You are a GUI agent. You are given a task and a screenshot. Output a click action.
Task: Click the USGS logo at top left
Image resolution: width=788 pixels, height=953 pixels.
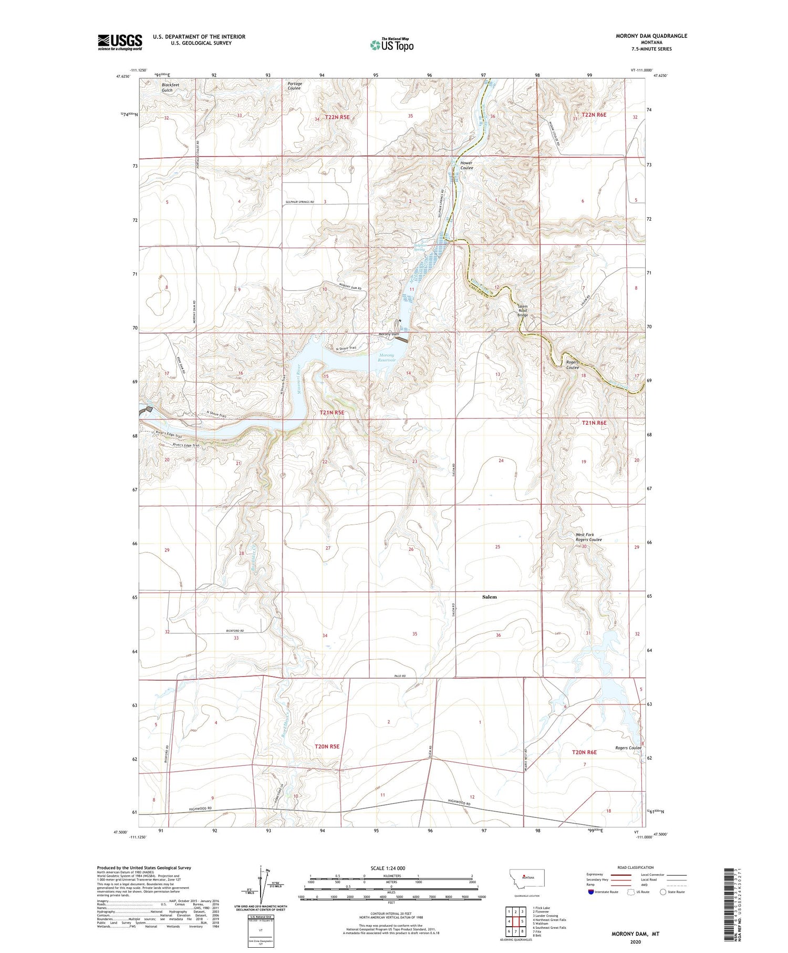120,42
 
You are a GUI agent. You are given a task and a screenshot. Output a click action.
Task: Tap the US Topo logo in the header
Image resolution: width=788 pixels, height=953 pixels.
391,45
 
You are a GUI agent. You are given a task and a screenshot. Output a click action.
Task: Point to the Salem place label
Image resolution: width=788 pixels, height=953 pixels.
489,597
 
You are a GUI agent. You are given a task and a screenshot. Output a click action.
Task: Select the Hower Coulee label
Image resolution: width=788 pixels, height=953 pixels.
466,166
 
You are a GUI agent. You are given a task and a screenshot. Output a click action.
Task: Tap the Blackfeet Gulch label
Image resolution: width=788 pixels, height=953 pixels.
167,87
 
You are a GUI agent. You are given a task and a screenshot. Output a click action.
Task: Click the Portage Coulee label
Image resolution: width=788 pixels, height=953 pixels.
294,86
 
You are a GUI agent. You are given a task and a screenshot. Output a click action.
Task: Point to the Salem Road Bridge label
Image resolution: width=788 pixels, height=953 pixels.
523,311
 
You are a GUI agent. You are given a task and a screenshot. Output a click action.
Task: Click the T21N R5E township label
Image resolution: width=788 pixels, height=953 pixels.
332,413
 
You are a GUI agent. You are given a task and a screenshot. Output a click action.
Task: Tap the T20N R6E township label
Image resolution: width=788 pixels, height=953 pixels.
584,752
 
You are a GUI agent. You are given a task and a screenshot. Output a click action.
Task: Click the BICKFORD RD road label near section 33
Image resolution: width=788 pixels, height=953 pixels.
235,630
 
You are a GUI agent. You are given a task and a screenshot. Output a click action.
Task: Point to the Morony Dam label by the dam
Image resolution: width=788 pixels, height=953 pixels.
389,334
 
